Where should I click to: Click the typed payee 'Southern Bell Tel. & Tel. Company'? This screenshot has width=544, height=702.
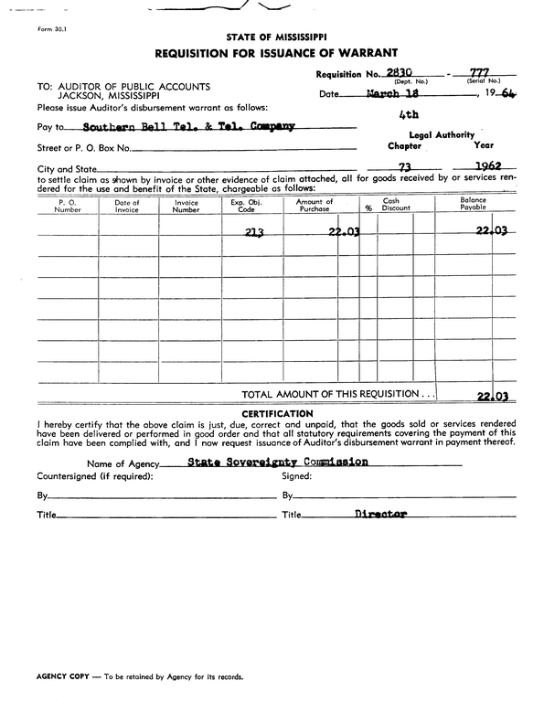click(187, 127)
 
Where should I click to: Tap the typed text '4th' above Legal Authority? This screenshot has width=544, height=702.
click(409, 115)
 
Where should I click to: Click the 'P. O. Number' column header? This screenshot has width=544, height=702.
click(68, 205)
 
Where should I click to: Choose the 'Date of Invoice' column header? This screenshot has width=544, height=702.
click(128, 205)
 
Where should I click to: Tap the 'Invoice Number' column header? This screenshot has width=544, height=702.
click(187, 205)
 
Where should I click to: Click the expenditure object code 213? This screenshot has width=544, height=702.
click(254, 232)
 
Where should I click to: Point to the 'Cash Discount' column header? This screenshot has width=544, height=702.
click(396, 205)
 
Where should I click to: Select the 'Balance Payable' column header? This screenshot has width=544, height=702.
click(473, 204)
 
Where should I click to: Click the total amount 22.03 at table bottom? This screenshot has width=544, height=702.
click(491, 396)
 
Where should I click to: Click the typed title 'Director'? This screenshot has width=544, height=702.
click(380, 515)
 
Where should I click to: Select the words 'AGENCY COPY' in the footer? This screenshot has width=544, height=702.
click(62, 677)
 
